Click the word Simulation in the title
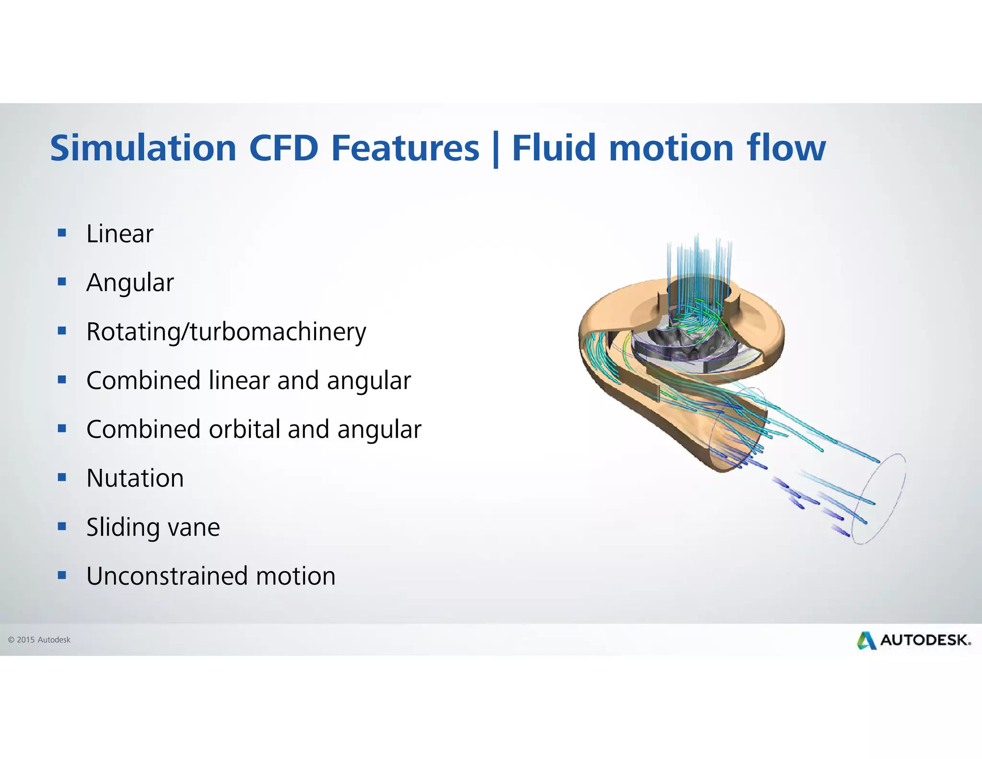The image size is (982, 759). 143,148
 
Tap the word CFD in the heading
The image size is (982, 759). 284,148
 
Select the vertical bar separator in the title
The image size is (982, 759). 496,150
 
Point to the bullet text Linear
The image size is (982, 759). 120,234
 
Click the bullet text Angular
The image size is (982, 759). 130,283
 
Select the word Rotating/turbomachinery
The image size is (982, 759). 226,332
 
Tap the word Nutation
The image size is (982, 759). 135,478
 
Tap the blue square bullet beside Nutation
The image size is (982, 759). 62,477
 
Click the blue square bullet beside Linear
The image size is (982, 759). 62,233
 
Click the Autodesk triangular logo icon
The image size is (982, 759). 866,640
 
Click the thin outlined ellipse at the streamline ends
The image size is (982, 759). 882,499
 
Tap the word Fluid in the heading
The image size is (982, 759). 555,148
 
